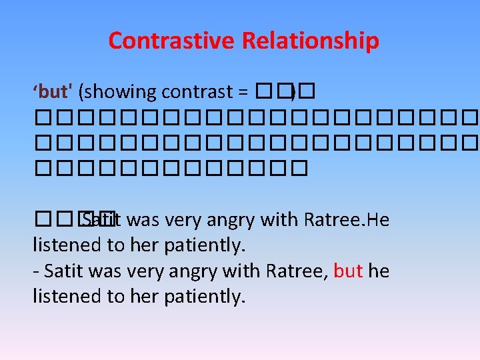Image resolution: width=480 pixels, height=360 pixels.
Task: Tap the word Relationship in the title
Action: click(x=311, y=41)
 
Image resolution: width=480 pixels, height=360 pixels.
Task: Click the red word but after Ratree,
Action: click(x=348, y=271)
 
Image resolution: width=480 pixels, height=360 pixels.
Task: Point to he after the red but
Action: click(x=379, y=271)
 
